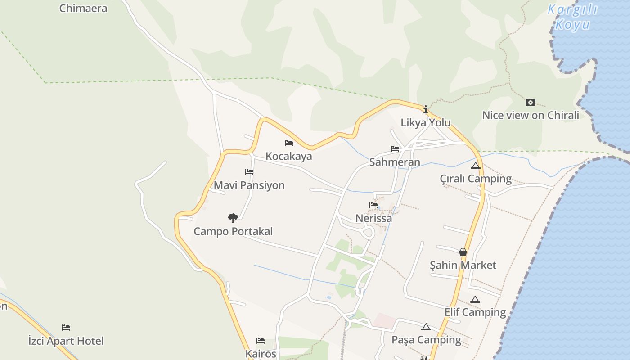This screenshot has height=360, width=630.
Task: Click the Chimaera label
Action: tap(83, 8)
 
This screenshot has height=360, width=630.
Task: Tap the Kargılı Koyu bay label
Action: tap(572, 17)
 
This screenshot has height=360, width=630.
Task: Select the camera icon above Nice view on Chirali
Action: tap(531, 102)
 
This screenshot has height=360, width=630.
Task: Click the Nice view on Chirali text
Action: tap(531, 115)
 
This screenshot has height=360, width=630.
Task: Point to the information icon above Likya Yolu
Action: tap(426, 109)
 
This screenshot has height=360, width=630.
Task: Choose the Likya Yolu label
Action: tap(426, 123)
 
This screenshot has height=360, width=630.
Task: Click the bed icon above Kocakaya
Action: tap(289, 143)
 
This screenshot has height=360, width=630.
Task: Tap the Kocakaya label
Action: tap(289, 157)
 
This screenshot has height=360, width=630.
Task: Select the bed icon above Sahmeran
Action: tap(395, 149)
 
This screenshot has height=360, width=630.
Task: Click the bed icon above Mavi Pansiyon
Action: tap(249, 172)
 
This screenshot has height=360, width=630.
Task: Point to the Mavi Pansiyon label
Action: tap(249, 185)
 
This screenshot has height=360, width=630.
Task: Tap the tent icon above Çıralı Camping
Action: tap(476, 166)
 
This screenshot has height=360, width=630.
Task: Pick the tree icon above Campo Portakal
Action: tap(233, 218)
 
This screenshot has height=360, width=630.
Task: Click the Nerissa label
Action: tap(373, 219)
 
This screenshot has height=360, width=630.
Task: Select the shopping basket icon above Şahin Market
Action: tap(463, 252)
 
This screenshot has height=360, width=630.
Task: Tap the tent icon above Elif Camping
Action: tap(475, 299)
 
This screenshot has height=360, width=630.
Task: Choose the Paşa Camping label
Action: tap(426, 340)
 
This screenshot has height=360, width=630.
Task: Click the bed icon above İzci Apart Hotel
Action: tap(66, 327)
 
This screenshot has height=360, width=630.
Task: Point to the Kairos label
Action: tap(261, 354)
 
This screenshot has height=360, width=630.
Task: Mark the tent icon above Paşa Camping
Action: tap(426, 327)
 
